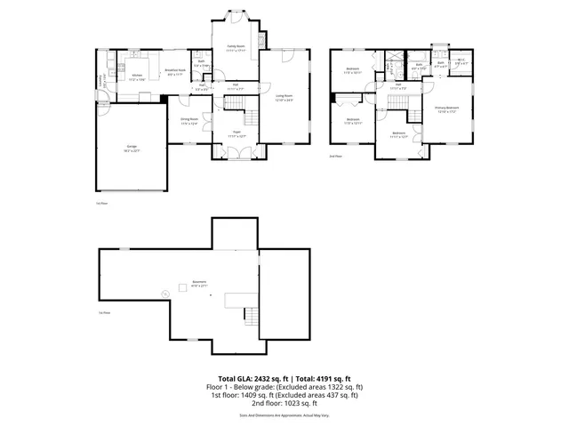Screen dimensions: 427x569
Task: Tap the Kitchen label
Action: pyautogui.click(x=138, y=77)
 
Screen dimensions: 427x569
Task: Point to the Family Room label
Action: pyautogui.click(x=236, y=48)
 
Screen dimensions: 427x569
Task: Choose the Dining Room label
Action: pyautogui.click(x=189, y=120)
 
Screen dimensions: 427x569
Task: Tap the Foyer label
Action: pyautogui.click(x=236, y=133)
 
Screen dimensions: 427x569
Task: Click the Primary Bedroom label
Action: pyautogui.click(x=446, y=109)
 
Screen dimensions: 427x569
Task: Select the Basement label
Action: pyautogui.click(x=199, y=284)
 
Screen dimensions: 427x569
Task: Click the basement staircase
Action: pyautogui.click(x=251, y=315)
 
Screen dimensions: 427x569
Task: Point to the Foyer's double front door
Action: pyautogui.click(x=236, y=154)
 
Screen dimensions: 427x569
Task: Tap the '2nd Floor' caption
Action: pyautogui.click(x=335, y=157)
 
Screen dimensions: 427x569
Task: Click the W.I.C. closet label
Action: pyautogui.click(x=460, y=61)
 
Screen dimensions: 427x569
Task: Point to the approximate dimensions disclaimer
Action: pyautogui.click(x=284, y=415)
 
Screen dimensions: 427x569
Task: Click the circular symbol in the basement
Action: pyautogui.click(x=164, y=294)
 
